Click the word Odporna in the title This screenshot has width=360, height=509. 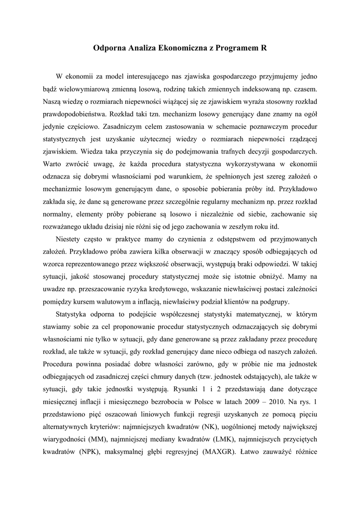coord(109,49)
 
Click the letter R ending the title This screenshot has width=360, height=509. coord(263,49)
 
